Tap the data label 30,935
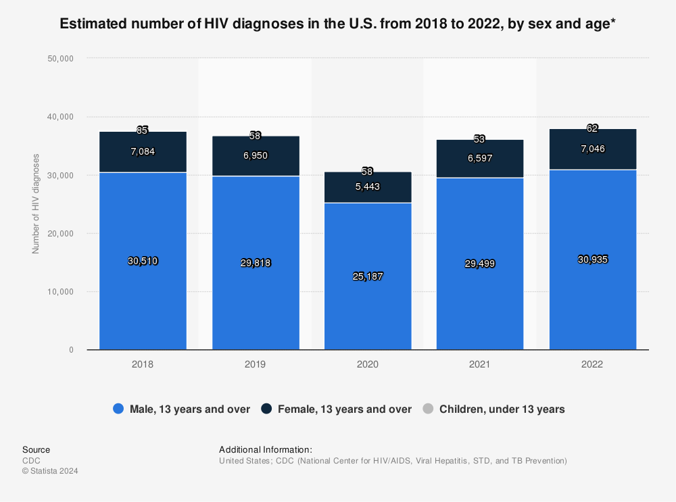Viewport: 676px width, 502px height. [593, 259]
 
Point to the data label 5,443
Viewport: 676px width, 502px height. [368, 187]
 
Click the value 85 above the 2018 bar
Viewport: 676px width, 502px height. [143, 130]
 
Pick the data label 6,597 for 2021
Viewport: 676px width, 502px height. [480, 157]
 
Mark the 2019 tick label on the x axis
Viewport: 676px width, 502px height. [255, 363]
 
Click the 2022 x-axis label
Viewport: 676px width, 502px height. [593, 363]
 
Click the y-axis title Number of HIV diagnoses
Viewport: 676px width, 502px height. [36, 203]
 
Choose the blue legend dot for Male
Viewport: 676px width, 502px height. [118, 409]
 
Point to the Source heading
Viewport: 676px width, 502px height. [36, 449]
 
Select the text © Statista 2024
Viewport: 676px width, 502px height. [50, 471]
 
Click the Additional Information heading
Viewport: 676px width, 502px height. [265, 449]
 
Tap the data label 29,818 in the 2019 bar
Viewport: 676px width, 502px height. [255, 263]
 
